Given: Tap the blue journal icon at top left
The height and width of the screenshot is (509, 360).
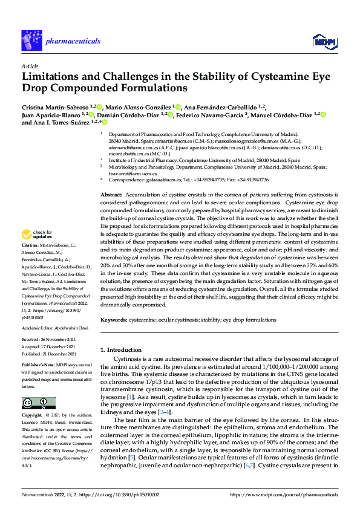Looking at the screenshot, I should tap(31, 41).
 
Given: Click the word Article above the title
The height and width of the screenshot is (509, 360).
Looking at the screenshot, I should tap(30, 66).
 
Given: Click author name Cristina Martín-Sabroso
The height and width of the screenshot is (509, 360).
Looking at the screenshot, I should tap(55, 107).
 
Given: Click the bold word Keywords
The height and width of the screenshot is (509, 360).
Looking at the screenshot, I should tap(113, 319).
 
